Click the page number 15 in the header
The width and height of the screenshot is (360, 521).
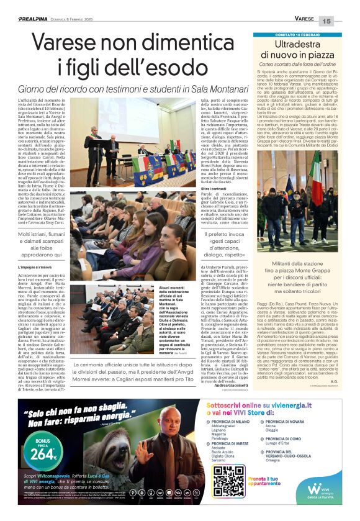[344, 21]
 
